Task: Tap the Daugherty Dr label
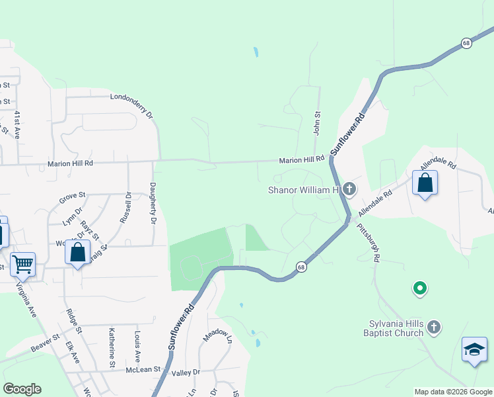pos(153,202)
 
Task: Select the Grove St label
pos(73,196)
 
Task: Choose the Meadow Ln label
pos(218,335)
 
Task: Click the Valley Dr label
pos(186,373)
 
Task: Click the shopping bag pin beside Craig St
pos(78,253)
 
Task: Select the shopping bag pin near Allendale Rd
pos(425,183)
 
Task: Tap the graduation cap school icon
pos(475,350)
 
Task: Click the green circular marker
pos(419,288)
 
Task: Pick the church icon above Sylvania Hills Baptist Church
pos(433,326)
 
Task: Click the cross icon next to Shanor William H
pos(349,191)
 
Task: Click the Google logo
pos(22,389)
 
